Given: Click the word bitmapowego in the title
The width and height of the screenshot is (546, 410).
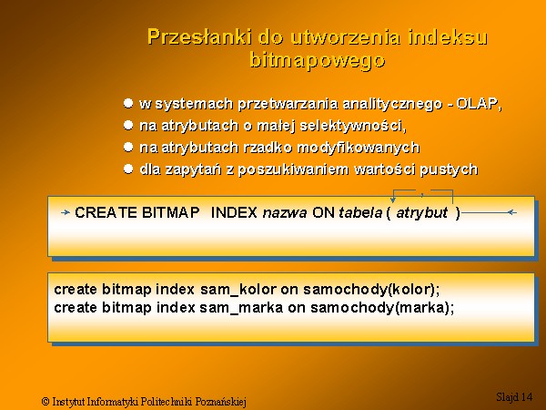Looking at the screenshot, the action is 318,60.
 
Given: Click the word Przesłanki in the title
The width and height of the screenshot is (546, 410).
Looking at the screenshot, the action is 199,36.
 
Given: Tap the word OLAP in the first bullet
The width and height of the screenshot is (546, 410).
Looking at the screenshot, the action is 477,104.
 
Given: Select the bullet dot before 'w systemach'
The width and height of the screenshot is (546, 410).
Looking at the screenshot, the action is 128,103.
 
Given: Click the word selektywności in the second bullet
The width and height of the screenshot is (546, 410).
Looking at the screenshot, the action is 351,126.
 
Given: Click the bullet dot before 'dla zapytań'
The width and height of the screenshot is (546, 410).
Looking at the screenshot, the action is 128,169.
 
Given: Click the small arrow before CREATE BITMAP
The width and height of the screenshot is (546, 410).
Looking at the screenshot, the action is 66,212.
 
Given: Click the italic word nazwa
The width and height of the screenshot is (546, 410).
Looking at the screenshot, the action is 285,212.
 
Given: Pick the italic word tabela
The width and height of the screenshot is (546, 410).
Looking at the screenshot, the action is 360,212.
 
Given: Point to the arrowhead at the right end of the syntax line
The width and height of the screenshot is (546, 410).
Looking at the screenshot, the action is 511,212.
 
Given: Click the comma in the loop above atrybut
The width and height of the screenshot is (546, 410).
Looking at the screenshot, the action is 422,195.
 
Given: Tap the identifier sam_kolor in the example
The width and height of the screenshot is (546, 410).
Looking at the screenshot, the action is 238,290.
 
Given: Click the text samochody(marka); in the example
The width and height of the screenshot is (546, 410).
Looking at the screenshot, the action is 382,308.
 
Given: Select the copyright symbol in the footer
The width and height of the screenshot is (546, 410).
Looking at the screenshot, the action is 45,401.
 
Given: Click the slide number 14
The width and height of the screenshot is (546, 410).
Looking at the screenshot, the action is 527,396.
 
